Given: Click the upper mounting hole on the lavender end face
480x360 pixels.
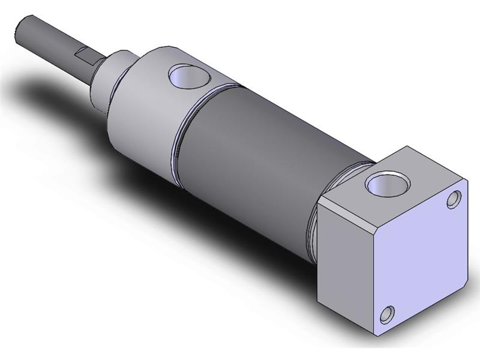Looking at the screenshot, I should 456,199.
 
